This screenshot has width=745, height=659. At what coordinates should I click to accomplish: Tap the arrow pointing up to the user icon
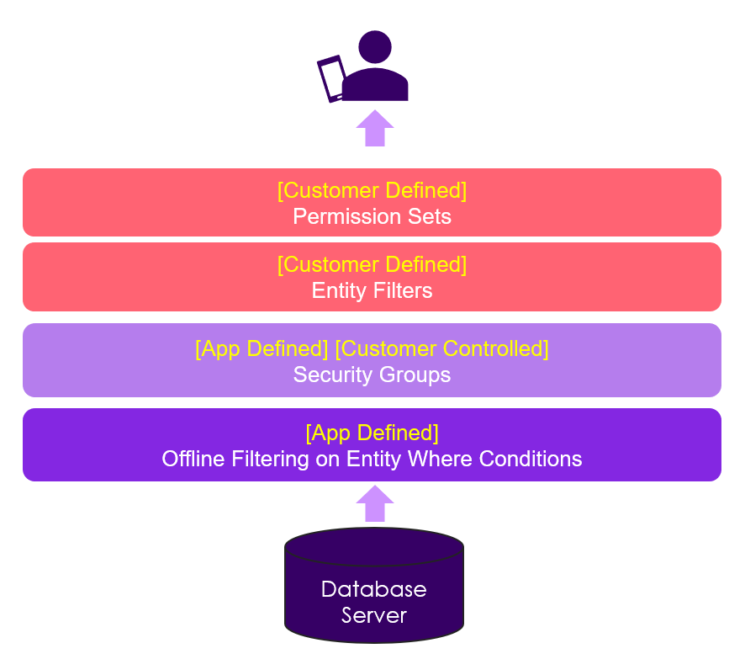click(374, 128)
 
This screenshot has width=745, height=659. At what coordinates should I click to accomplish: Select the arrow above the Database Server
click(374, 503)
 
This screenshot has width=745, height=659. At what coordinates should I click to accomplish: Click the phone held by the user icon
click(331, 78)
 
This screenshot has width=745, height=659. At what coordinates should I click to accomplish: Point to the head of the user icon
click(374, 47)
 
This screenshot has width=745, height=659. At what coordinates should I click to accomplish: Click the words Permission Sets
click(372, 216)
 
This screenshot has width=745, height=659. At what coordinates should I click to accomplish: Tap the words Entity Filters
click(372, 290)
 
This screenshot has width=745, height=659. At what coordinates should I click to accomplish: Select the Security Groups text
click(372, 375)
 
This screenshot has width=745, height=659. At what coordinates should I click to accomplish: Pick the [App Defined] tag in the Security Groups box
click(262, 348)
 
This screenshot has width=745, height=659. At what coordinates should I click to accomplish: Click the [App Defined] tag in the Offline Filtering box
click(372, 433)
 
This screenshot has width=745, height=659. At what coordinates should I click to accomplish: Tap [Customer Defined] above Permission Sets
click(372, 190)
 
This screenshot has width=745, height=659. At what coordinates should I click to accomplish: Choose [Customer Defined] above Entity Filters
click(372, 264)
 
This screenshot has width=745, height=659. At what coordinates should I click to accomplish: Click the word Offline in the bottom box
click(193, 459)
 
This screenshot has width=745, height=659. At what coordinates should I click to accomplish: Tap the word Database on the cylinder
click(373, 589)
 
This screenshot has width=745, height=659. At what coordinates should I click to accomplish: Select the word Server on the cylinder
click(373, 615)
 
